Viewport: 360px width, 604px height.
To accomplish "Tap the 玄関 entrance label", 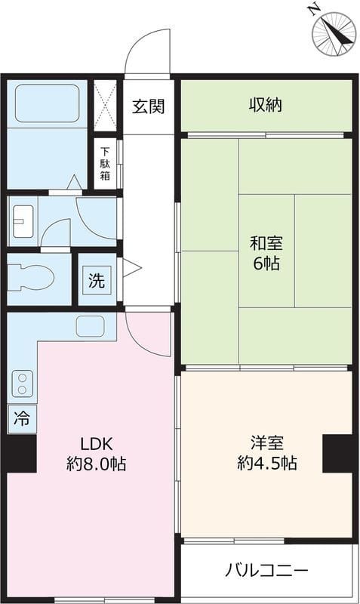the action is [148, 106].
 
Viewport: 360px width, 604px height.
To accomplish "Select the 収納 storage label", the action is [266, 105].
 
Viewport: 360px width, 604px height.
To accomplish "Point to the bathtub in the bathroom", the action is [47, 103].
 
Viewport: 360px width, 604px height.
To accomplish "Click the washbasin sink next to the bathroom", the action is [23, 221].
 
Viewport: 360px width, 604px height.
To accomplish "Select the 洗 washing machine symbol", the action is [97, 280].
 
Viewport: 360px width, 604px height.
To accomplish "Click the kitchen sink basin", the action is [90, 327].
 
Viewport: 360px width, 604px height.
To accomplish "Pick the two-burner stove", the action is [23, 384].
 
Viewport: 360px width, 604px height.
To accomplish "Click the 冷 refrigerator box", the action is [22, 419].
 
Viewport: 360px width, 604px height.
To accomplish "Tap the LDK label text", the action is [97, 444].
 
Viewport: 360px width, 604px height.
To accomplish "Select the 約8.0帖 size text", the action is [97, 464].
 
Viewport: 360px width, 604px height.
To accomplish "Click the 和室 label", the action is [266, 243].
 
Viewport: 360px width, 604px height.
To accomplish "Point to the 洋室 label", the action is [267, 442].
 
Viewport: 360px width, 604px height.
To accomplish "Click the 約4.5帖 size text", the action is [267, 463].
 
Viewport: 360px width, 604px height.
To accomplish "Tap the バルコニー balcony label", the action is [267, 570].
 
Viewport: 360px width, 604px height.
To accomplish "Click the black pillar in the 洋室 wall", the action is [337, 454].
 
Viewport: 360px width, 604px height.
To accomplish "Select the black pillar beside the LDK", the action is [22, 454].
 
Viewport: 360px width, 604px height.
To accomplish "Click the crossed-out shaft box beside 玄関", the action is [105, 106].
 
